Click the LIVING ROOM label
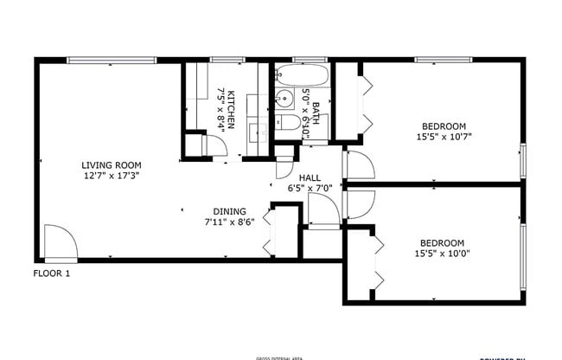coord(112,165)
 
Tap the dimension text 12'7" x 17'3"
coord(112,176)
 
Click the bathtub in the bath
coord(302,76)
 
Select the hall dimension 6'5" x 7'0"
coord(310,187)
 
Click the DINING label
coord(230,211)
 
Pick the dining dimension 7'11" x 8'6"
coord(230,222)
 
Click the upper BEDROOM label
coord(444,125)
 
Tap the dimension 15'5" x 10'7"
coord(444,136)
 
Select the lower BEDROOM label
coord(442,243)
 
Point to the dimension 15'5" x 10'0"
coord(442,254)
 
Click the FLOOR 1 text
coord(52,273)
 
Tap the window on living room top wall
coord(112,60)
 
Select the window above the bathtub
coord(304,60)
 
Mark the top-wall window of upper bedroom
coord(442,60)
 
